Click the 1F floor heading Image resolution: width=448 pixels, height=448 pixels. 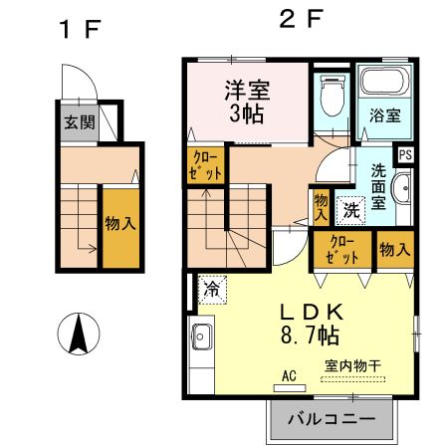coord(80,29)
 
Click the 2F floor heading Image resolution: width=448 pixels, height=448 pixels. coord(300,20)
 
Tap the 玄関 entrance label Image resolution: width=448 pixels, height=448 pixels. coord(80,124)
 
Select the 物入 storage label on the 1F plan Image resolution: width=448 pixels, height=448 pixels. coord(120,224)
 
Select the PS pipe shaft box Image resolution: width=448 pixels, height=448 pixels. coord(405,154)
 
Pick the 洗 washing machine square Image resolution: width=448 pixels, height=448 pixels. coord(351,209)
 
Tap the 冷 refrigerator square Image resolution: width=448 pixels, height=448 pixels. coord(212,290)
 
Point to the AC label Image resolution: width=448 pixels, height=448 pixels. coord(290,376)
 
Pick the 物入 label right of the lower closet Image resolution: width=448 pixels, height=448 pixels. coord(393,249)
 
